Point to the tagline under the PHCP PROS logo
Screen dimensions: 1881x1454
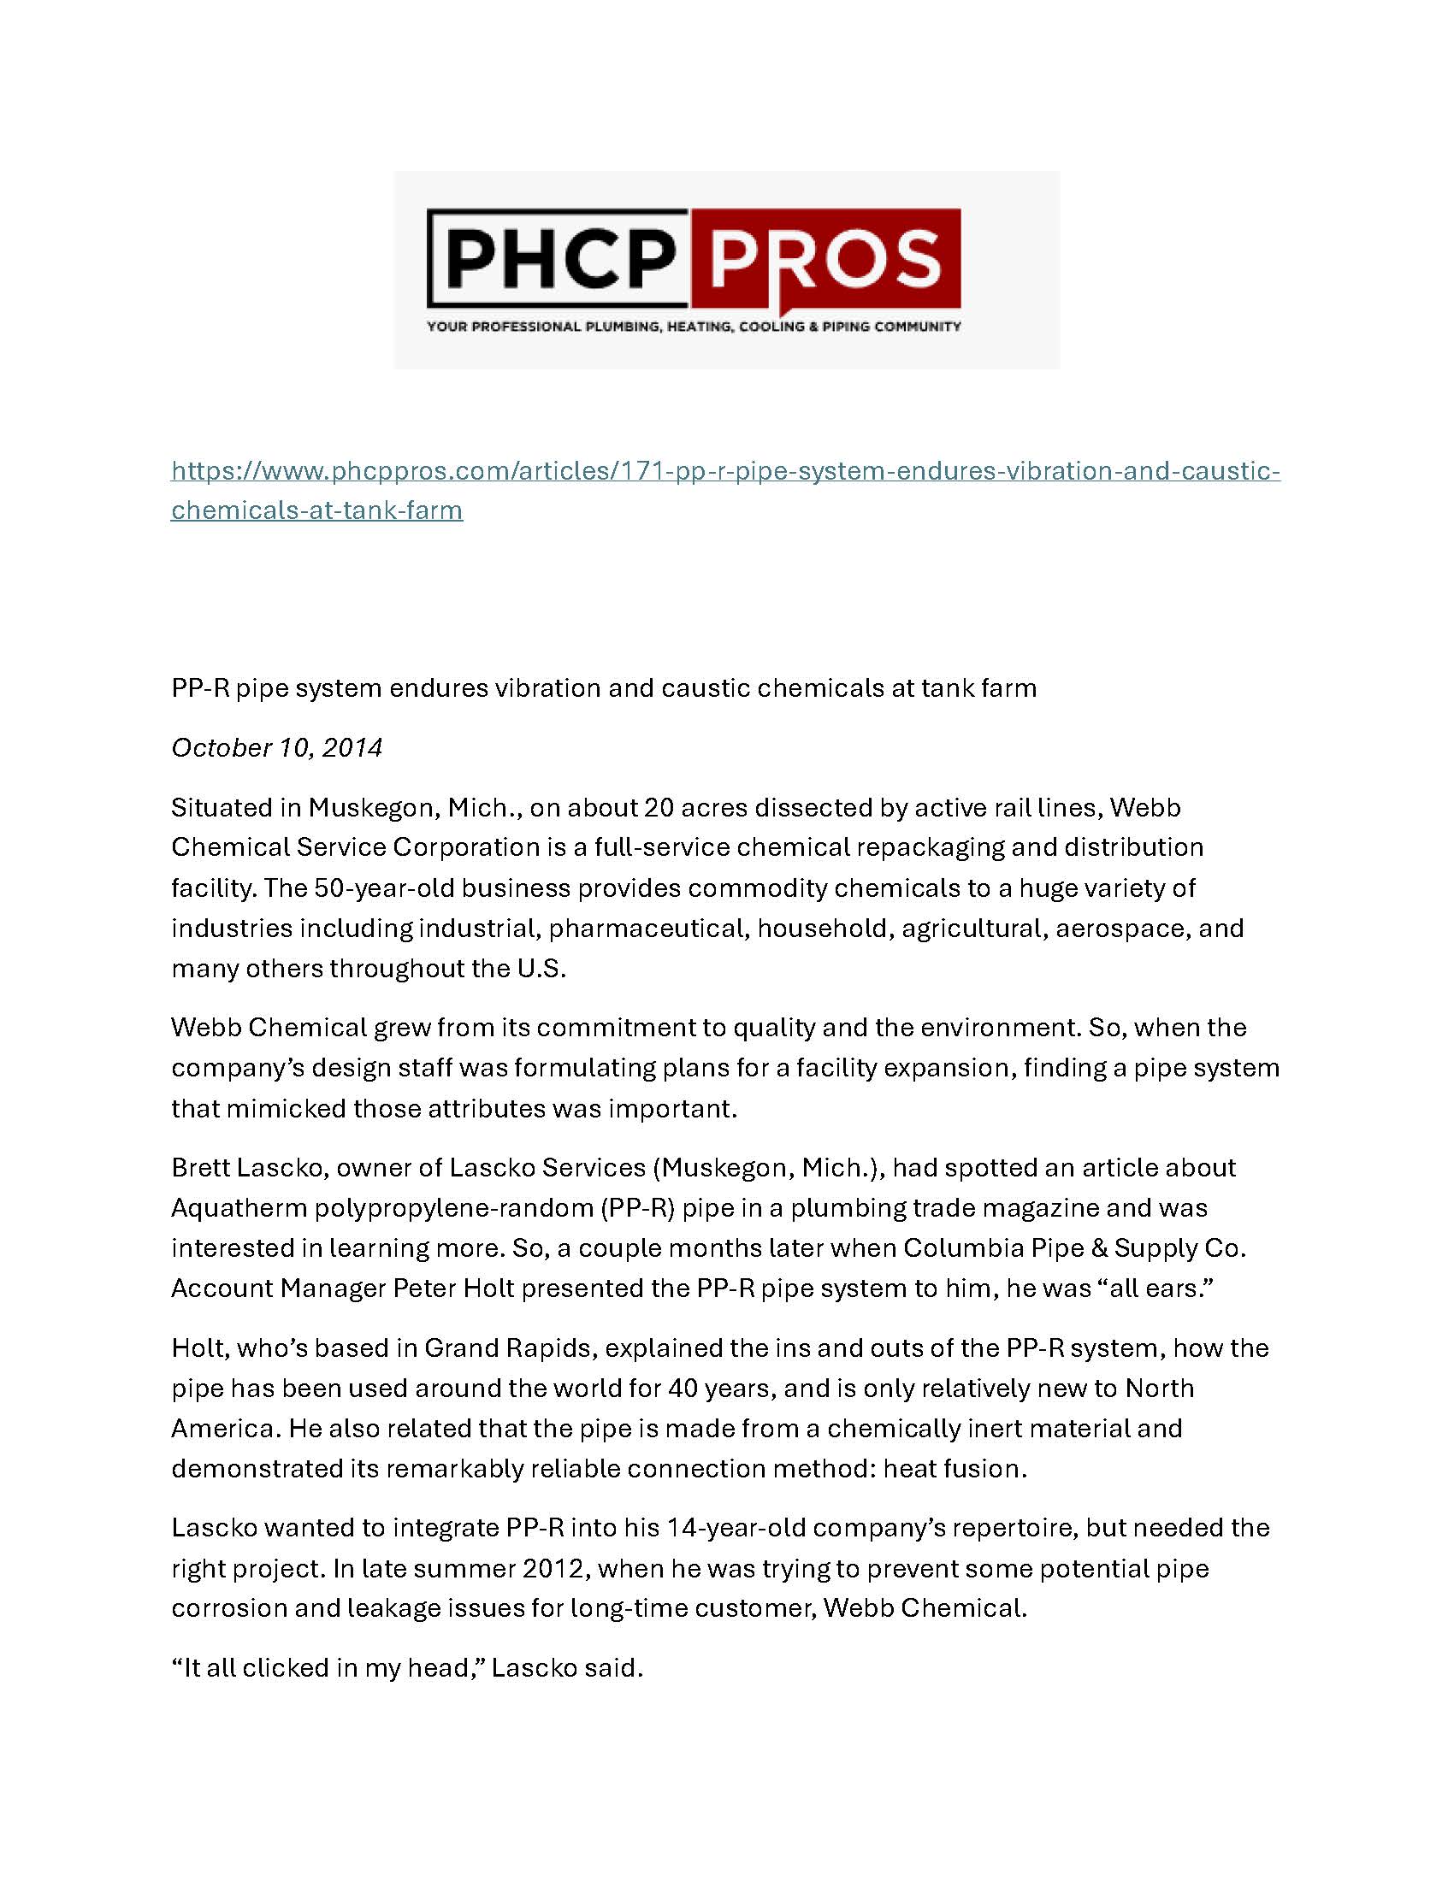click(694, 327)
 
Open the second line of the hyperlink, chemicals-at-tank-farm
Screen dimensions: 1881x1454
click(316, 510)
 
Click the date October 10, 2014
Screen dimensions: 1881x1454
click(276, 747)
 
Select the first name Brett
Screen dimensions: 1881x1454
click(198, 1168)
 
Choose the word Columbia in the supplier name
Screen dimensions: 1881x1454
click(943, 1248)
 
